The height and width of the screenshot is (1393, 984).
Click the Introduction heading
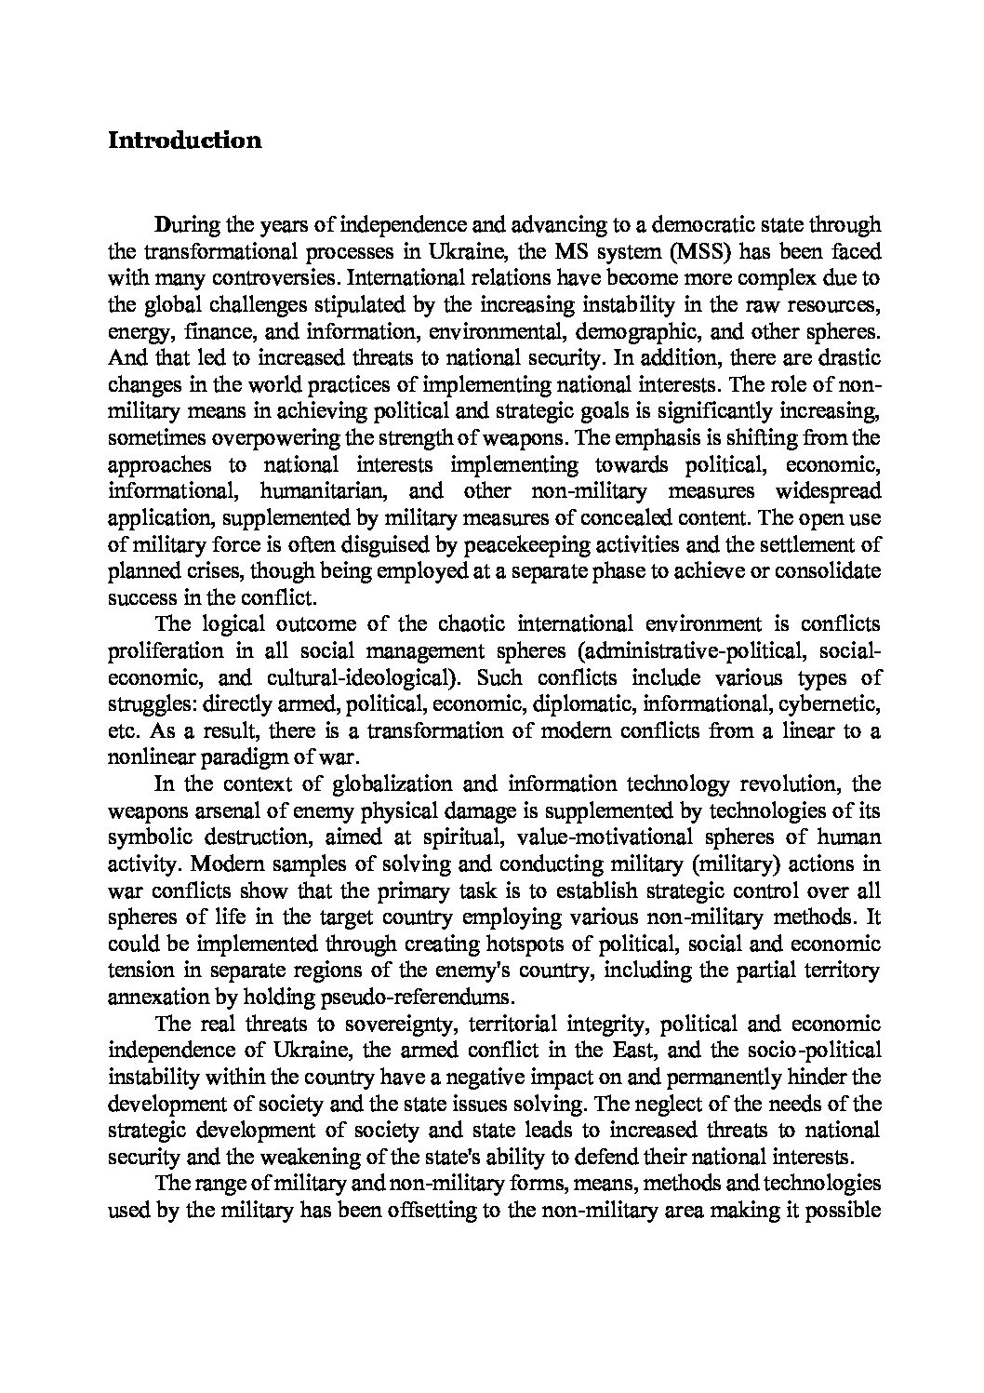(x=184, y=141)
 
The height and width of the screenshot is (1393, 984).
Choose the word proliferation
(x=166, y=650)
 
